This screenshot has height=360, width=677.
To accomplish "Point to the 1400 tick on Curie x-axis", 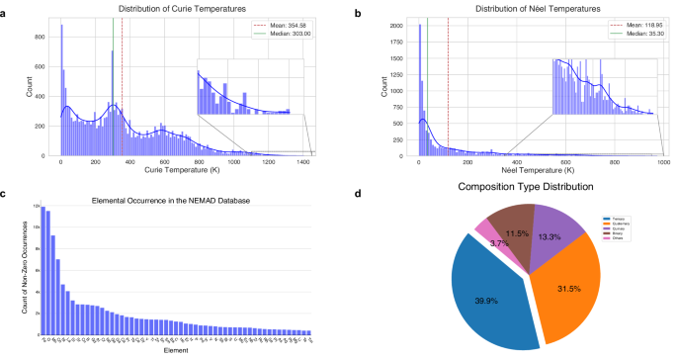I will [x=309, y=162].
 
